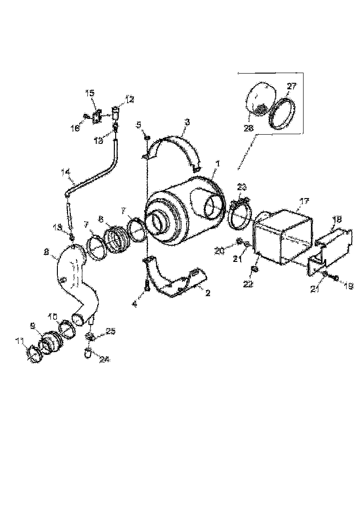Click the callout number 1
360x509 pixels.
(217, 164)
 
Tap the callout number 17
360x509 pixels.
(304, 201)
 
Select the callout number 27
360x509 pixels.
(293, 86)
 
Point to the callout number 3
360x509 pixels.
(187, 122)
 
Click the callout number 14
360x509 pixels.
(65, 173)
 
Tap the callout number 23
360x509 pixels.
(242, 187)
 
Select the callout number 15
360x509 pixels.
(89, 93)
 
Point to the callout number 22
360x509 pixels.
(248, 284)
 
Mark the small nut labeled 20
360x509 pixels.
(238, 241)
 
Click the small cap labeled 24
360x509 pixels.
(88, 354)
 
